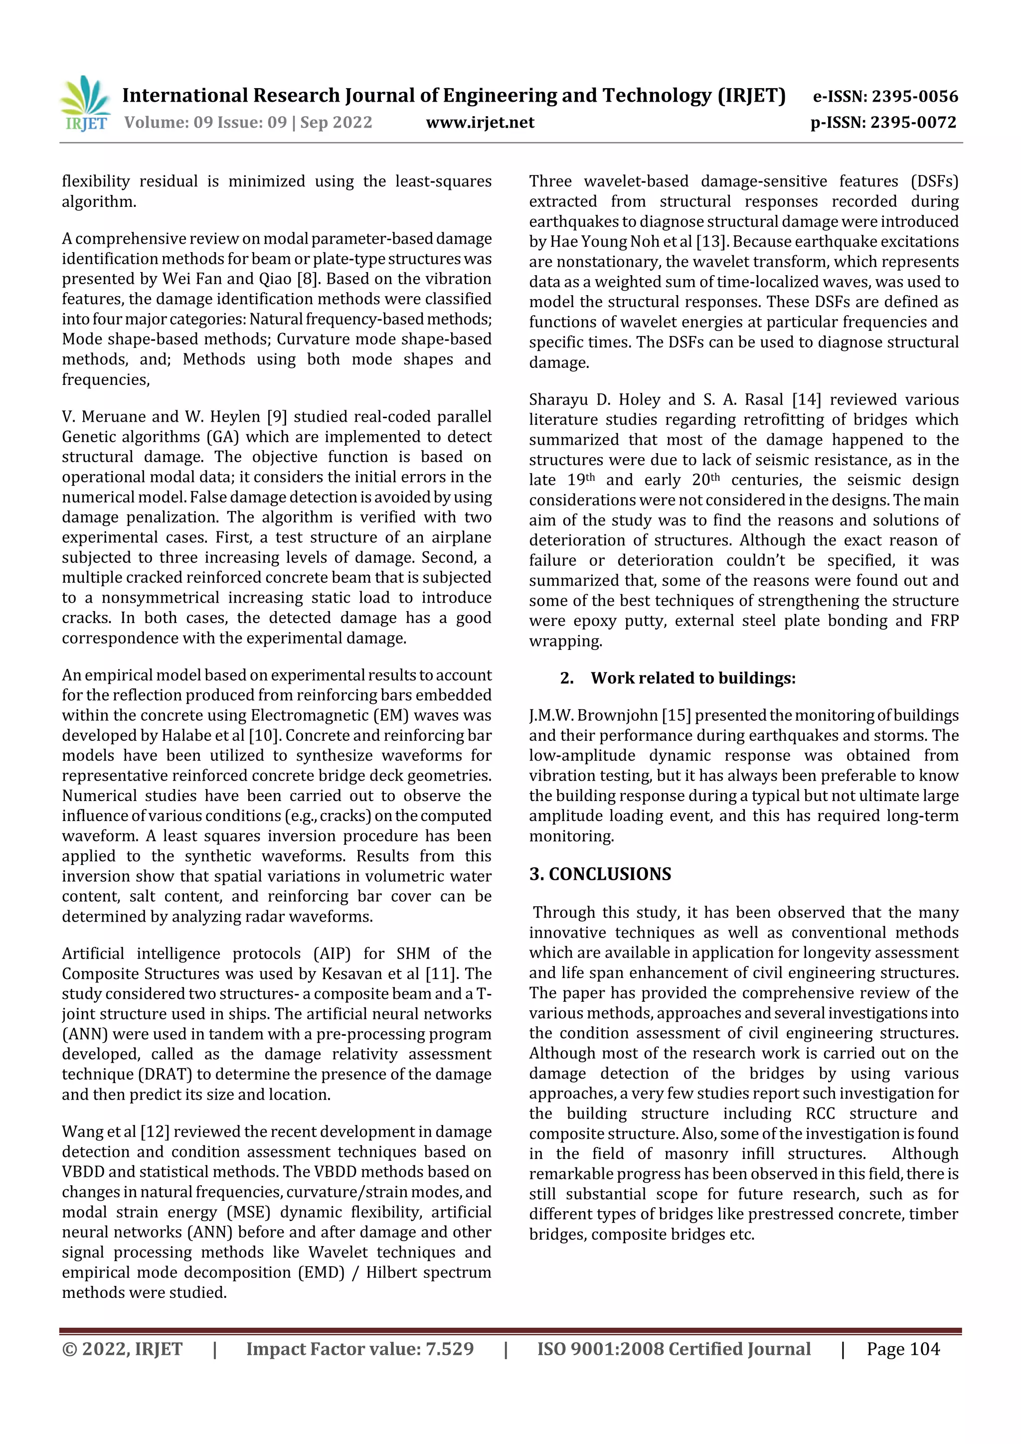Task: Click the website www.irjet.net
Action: coord(480,123)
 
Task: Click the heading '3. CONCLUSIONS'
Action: coord(600,874)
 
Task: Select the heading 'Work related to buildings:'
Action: coord(692,678)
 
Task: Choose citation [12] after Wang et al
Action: coord(155,1131)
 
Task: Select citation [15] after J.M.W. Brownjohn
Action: coord(677,715)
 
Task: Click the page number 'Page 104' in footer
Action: coord(903,1349)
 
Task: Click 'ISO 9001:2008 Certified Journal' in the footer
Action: coord(674,1349)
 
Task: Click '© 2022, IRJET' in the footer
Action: coord(122,1349)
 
